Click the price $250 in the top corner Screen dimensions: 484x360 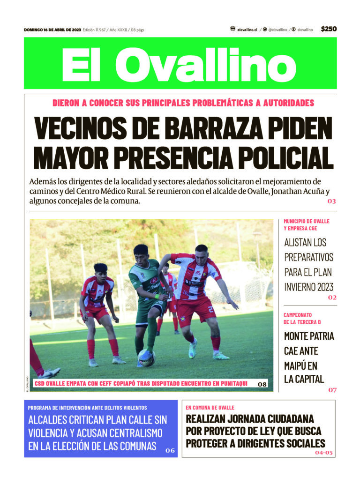329,29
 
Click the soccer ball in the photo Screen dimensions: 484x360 146,358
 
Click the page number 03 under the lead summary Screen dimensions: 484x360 332,201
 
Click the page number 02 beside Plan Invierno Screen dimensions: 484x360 332,298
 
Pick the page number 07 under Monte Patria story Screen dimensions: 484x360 332,389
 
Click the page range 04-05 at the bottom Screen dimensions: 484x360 323,453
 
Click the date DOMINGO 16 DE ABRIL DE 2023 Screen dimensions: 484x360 52,30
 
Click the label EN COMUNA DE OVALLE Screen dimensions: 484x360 210,408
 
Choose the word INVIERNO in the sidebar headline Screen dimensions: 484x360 300,287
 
